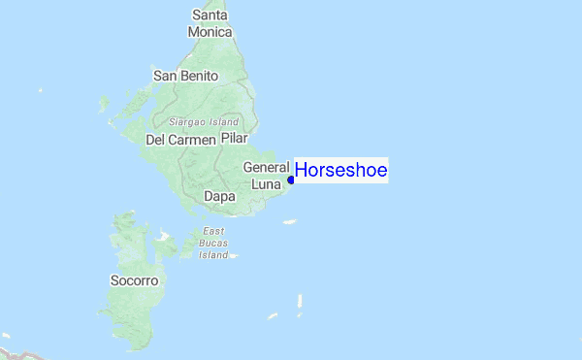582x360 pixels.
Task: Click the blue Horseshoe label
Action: (340, 171)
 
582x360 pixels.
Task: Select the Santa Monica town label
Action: (210, 23)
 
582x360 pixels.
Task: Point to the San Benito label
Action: (186, 76)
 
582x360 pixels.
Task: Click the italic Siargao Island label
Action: (203, 122)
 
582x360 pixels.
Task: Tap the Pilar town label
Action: (236, 140)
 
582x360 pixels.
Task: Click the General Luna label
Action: (267, 175)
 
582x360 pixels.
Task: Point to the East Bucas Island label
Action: (213, 244)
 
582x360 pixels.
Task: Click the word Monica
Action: (210, 32)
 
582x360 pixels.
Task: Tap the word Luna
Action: (266, 183)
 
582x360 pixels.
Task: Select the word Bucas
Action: (213, 244)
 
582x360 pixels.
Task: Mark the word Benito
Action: (200, 76)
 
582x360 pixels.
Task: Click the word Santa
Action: (210, 15)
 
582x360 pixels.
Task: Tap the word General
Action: (267, 167)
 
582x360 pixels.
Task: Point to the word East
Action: (213, 232)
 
